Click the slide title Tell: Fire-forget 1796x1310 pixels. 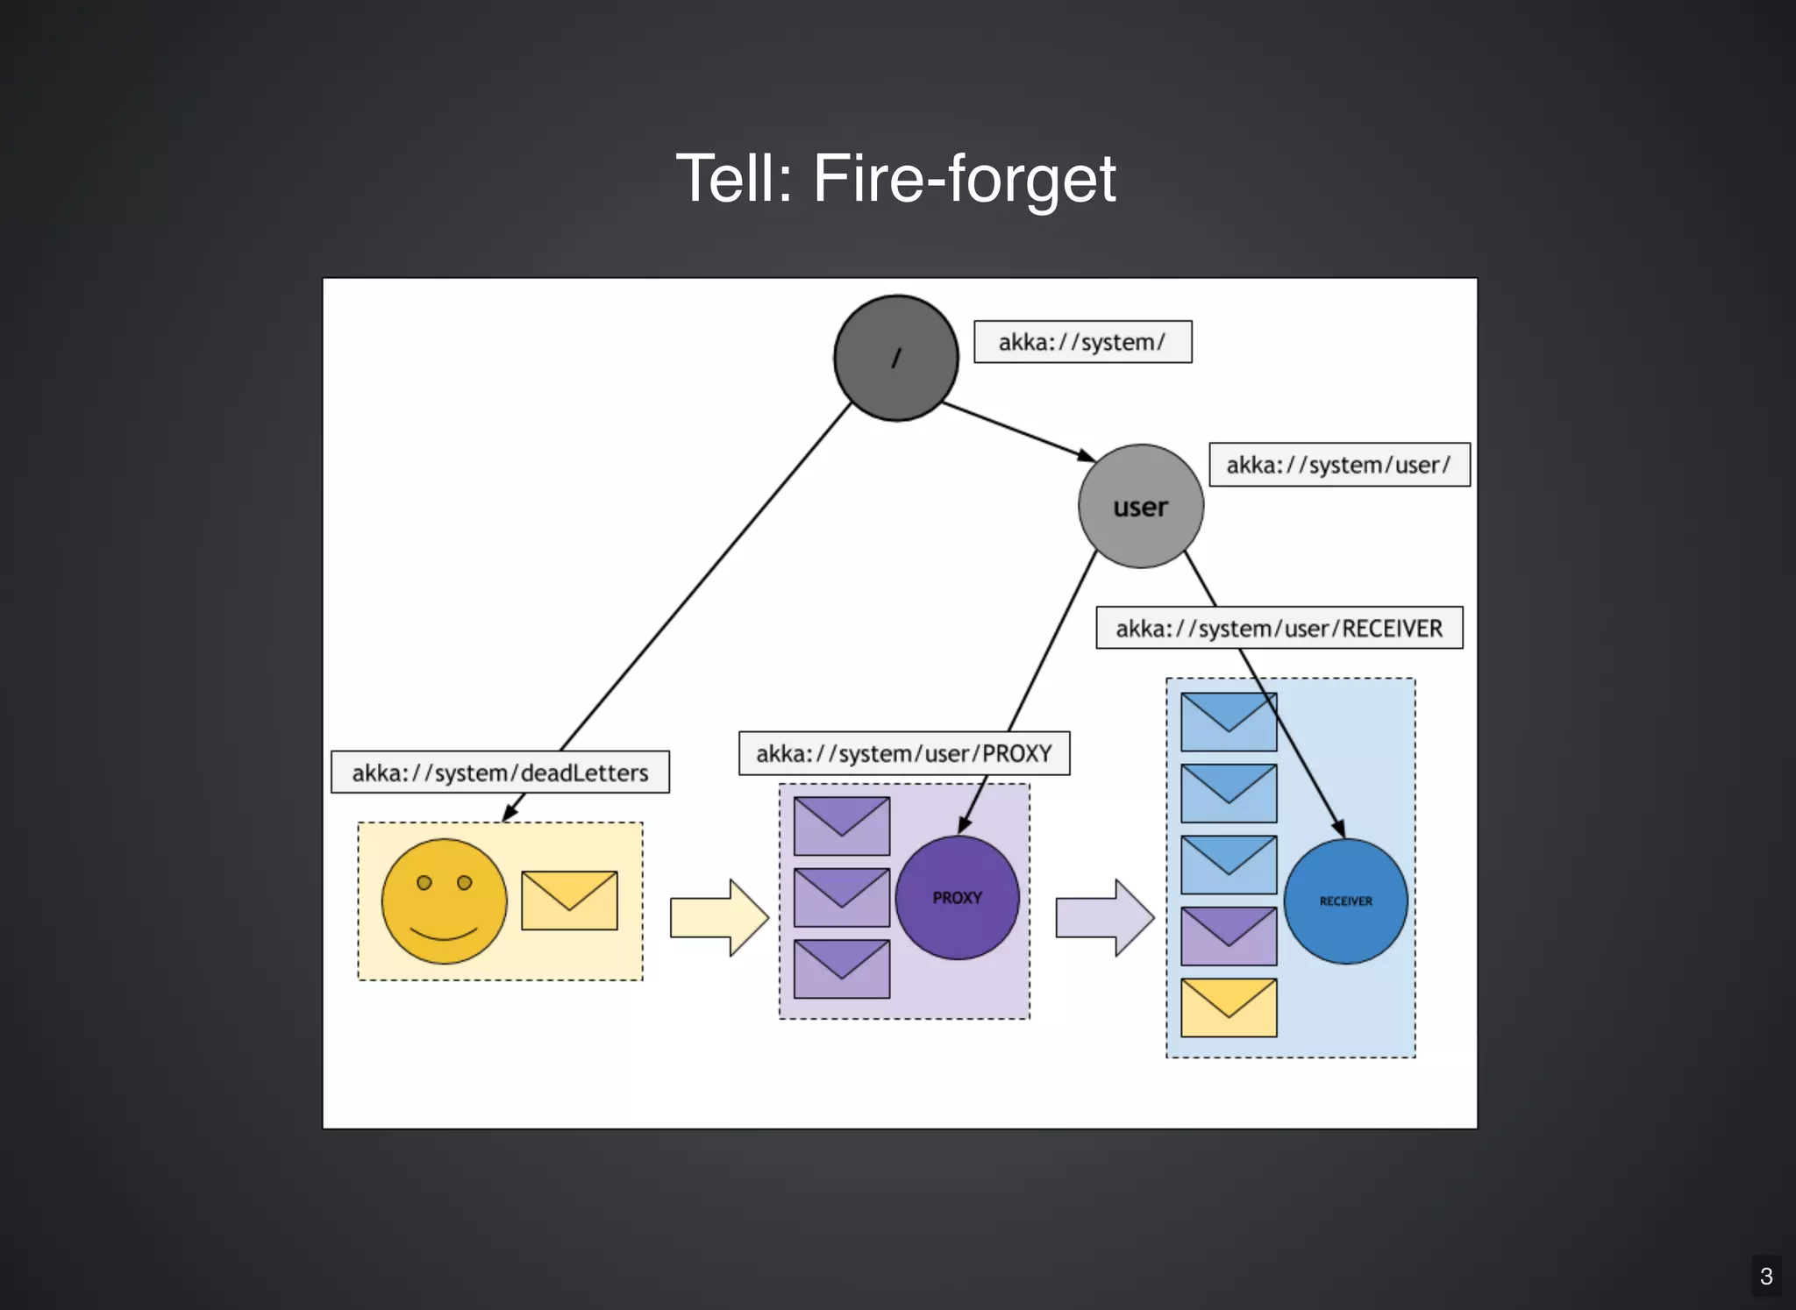click(895, 179)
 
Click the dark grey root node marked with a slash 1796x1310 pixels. click(895, 358)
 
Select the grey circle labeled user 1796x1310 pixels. click(1140, 507)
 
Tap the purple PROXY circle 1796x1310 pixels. click(957, 898)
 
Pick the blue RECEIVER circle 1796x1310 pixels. click(1345, 901)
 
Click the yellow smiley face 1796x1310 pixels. click(444, 901)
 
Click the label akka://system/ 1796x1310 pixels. click(1082, 342)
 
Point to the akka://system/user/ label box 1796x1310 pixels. click(1338, 465)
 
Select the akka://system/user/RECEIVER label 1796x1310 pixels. click(1279, 628)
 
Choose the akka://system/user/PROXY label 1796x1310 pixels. click(903, 753)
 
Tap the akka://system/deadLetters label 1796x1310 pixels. click(500, 772)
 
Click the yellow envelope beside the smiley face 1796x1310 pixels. click(569, 901)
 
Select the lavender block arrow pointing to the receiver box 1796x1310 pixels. click(1104, 917)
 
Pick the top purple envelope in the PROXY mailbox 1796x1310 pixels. click(841, 826)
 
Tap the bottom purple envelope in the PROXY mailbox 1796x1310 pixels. click(841, 969)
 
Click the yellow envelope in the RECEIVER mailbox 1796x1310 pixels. click(1229, 1007)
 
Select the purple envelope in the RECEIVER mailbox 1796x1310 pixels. click(1229, 936)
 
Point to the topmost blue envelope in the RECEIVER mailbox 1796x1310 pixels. click(1229, 723)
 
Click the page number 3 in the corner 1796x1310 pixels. click(1765, 1276)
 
